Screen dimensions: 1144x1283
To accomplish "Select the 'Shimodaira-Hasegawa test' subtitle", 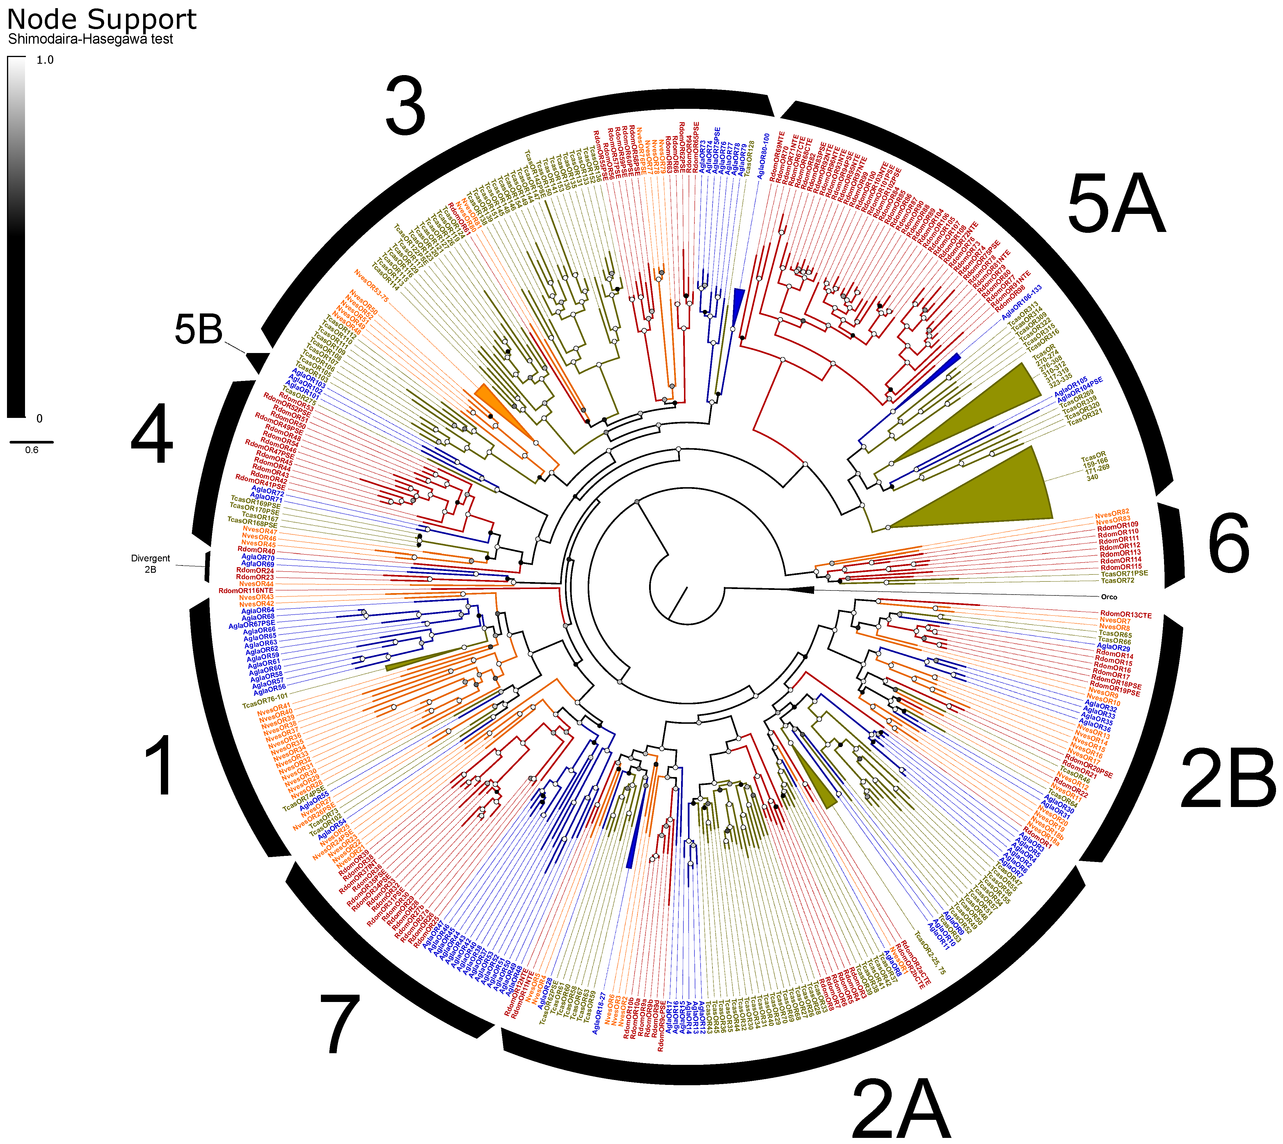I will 90,39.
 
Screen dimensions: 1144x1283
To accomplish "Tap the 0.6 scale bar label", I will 31,450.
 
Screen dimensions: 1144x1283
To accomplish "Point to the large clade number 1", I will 159,767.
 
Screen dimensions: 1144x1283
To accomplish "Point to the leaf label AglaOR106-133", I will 1021,302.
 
